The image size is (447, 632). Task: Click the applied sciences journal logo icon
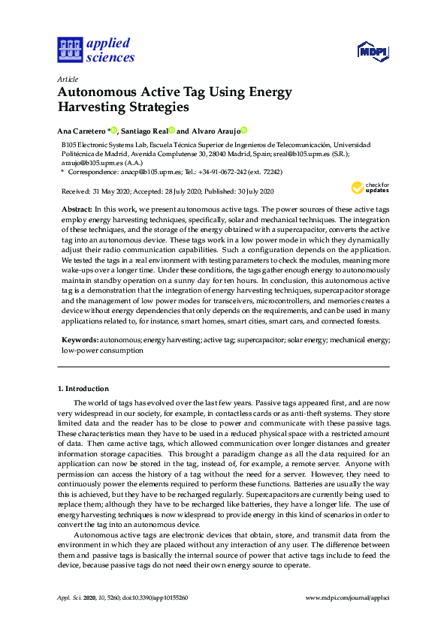pos(69,50)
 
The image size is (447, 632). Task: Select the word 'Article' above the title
pos(67,79)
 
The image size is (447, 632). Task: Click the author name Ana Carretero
pos(83,130)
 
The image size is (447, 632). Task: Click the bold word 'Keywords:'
pos(80,340)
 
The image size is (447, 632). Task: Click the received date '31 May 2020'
pos(110,192)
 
